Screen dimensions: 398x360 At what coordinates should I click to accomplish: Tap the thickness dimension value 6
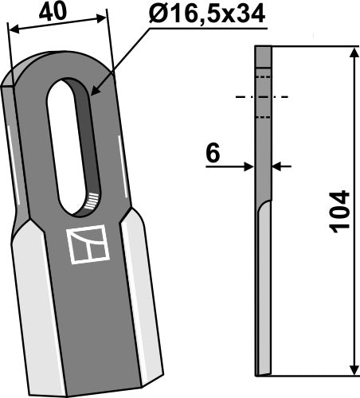pos(212,152)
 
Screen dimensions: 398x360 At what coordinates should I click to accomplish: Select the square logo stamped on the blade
pos(88,246)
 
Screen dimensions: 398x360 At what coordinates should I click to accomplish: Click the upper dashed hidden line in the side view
pos(263,77)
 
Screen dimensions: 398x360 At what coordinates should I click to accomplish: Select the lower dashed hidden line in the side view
pos(263,118)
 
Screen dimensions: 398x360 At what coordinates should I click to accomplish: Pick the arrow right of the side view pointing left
pos(278,166)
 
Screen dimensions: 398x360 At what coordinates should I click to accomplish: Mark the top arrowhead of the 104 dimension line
pos(350,53)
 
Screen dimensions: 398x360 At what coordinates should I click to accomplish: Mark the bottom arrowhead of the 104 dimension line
pos(350,369)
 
